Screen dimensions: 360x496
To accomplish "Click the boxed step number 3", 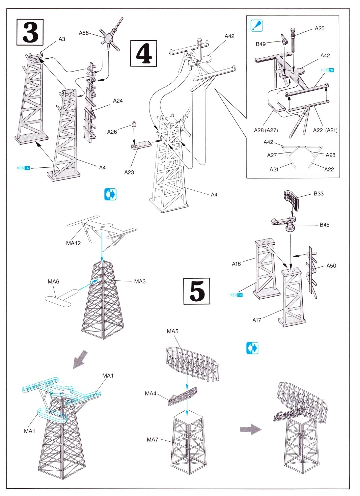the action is (30, 32).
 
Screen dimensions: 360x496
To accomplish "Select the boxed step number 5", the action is (197, 291).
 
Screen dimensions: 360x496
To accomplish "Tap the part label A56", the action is (84, 33).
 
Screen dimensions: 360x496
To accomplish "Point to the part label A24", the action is (118, 101).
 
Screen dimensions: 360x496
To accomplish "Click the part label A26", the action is (112, 132).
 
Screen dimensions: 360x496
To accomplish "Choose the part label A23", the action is (129, 172).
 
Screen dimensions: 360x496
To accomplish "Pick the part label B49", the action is (260, 44).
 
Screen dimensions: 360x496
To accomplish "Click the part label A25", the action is (320, 28).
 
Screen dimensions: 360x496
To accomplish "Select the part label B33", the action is (319, 194).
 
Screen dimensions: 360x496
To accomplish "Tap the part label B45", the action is (325, 225).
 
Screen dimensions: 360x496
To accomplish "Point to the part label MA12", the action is (73, 243).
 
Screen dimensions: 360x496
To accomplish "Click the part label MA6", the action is (53, 281).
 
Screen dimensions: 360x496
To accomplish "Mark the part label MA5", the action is (172, 331).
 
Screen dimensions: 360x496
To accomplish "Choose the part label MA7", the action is (152, 439).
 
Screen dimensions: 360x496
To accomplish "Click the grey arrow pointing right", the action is (251, 430).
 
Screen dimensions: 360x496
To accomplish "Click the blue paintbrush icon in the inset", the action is (257, 26).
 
